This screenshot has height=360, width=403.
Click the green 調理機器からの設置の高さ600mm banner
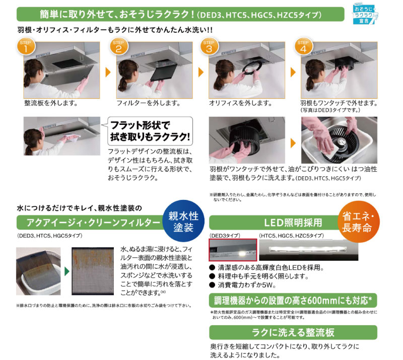[293, 301]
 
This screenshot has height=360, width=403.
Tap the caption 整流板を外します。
[50, 103]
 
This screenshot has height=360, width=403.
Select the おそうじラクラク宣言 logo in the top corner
[374, 12]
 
